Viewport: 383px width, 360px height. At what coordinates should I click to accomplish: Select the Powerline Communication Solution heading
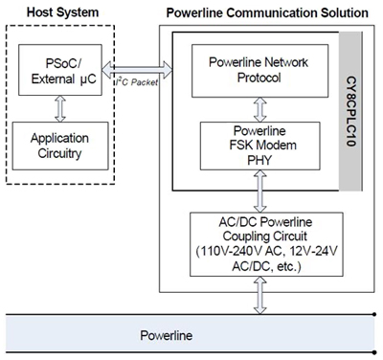coord(268,11)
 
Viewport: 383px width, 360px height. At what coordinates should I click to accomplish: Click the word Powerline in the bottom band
coord(168,338)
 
